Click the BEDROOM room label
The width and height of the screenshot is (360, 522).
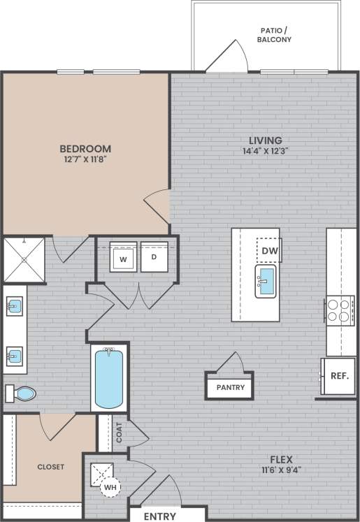(x=85, y=148)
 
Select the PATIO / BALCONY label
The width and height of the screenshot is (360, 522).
(x=274, y=35)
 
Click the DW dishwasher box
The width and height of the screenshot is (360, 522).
(x=269, y=249)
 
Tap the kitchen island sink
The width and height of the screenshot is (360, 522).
(x=266, y=281)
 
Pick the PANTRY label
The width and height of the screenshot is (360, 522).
(x=229, y=386)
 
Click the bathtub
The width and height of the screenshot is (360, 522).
(x=108, y=377)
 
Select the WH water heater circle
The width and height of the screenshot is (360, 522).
(x=110, y=486)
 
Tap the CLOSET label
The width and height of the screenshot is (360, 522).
(x=50, y=467)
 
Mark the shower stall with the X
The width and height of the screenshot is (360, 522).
(x=24, y=259)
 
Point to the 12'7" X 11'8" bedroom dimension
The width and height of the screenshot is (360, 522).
(x=85, y=160)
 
